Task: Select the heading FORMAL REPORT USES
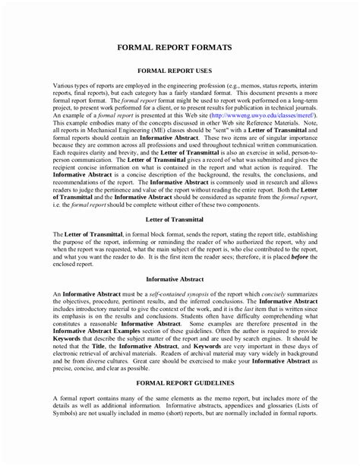pos(180,70)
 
